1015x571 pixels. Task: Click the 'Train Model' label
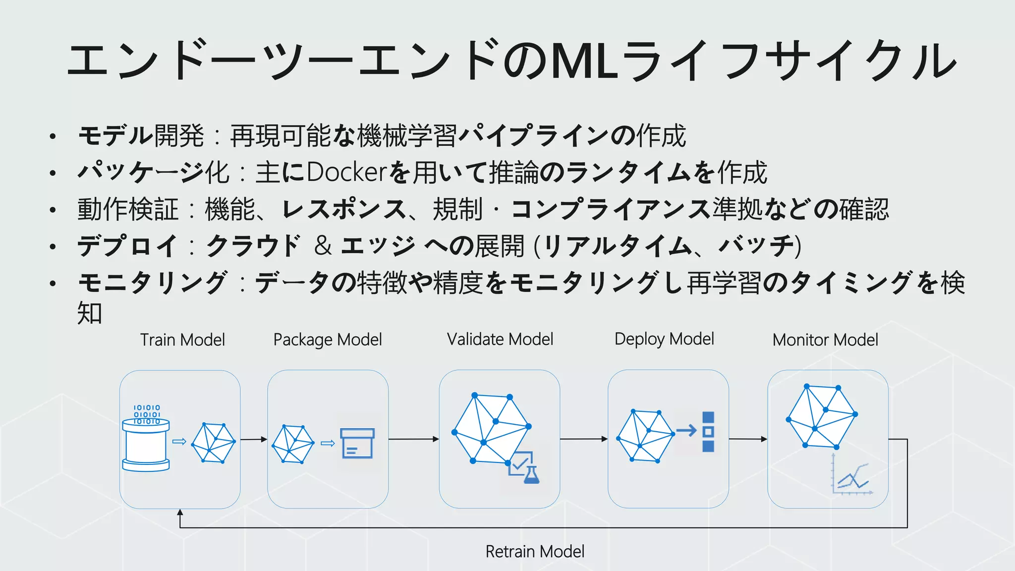pyautogui.click(x=182, y=340)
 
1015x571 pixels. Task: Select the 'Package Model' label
pyautogui.click(x=328, y=340)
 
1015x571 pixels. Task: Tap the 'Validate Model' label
pyautogui.click(x=500, y=340)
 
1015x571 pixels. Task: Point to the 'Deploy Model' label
pyautogui.click(x=664, y=339)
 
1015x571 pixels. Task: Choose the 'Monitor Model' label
pyautogui.click(x=825, y=340)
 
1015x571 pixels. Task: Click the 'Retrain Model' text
pyautogui.click(x=535, y=552)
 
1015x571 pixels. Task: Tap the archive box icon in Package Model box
pyautogui.click(x=357, y=443)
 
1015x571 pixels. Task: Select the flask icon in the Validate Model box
pyautogui.click(x=531, y=475)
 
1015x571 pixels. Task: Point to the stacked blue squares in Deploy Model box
pyautogui.click(x=708, y=432)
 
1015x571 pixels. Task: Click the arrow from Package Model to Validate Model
pyautogui.click(x=414, y=439)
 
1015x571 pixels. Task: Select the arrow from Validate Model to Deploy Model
pyautogui.click(x=584, y=439)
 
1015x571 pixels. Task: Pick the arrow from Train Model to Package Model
pyautogui.click(x=254, y=440)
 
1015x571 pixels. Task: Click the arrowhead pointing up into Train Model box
pyautogui.click(x=180, y=513)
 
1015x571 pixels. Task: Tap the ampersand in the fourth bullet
pyautogui.click(x=323, y=246)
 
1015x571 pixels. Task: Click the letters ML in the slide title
pyautogui.click(x=585, y=61)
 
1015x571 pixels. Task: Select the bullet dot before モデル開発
pyautogui.click(x=53, y=137)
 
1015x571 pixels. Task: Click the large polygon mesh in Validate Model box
pyautogui.click(x=491, y=427)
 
